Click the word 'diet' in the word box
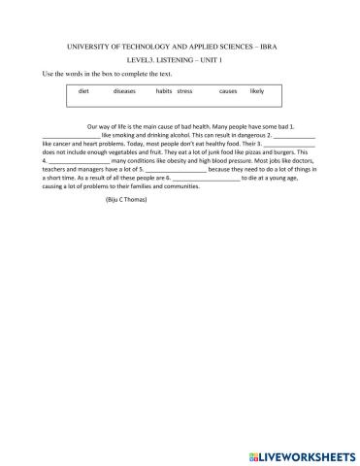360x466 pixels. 83,90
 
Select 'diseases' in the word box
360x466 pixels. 125,90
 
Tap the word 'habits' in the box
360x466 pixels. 164,90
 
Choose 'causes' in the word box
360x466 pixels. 228,90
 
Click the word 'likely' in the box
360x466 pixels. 256,90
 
